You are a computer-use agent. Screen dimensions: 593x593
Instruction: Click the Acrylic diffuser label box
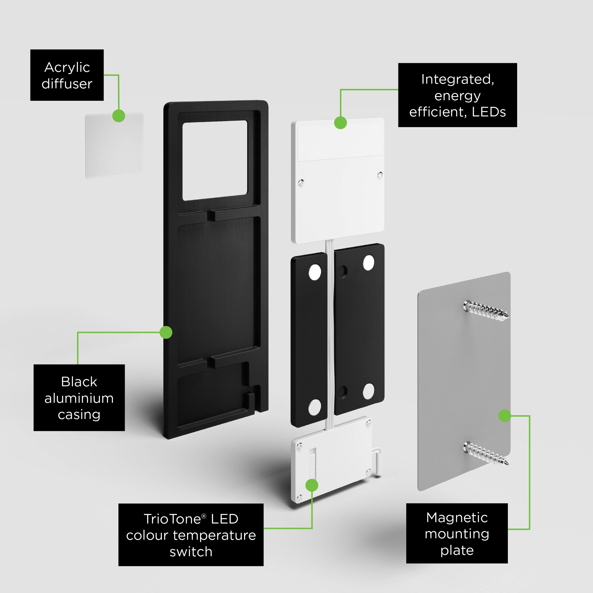tap(67, 75)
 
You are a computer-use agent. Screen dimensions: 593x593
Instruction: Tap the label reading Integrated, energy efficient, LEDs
tap(457, 95)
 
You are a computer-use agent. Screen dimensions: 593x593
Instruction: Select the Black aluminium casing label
tap(79, 398)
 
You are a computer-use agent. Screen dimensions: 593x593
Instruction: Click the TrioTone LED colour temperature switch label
tap(191, 535)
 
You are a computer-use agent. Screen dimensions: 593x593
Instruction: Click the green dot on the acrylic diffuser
tap(119, 116)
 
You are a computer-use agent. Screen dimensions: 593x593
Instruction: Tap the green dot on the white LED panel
tap(341, 123)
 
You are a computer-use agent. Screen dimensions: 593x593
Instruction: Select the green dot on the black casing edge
tap(166, 332)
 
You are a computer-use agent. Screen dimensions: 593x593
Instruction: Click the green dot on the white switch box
tap(312, 485)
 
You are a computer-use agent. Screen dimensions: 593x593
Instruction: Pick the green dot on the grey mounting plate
tap(505, 416)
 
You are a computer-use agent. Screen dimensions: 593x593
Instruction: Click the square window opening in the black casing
tap(215, 160)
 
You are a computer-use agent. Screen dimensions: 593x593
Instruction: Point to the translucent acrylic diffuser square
tap(114, 145)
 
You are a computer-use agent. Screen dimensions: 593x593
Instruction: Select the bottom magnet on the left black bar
tap(315, 407)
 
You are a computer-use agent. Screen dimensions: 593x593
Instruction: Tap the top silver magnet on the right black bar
tap(369, 262)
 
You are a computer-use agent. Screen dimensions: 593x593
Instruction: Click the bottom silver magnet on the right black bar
tap(368, 391)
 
